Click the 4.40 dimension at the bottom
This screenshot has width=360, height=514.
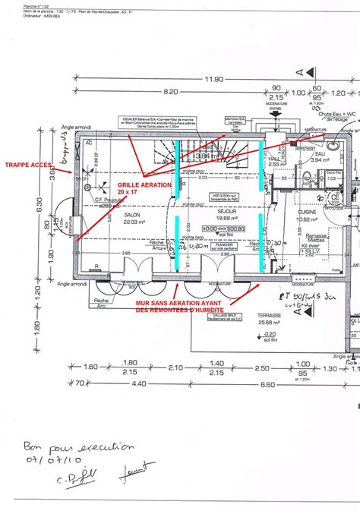[x=139, y=383]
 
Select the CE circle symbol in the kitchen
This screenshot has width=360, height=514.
[x=333, y=197]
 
